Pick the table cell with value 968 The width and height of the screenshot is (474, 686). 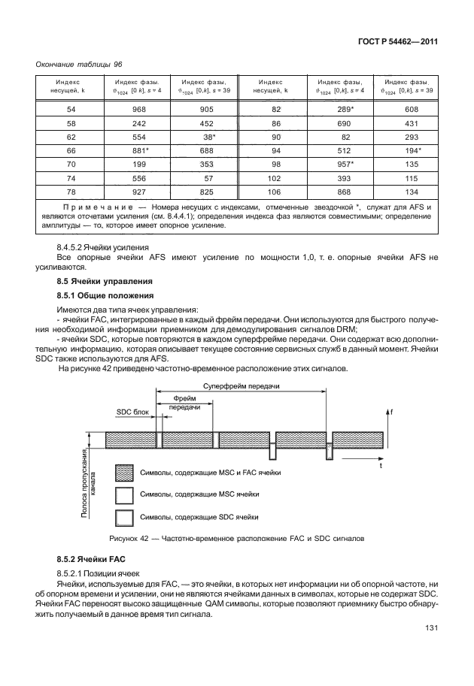tap(137, 108)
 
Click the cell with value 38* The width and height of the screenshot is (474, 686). tap(205, 137)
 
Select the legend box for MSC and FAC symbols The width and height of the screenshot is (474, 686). tap(125, 473)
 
